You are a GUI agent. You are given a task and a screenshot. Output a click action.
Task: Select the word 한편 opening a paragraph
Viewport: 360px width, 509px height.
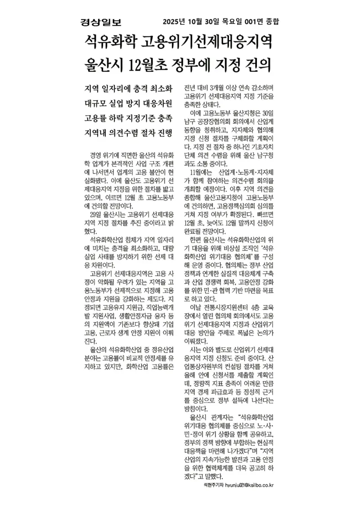(197, 240)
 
